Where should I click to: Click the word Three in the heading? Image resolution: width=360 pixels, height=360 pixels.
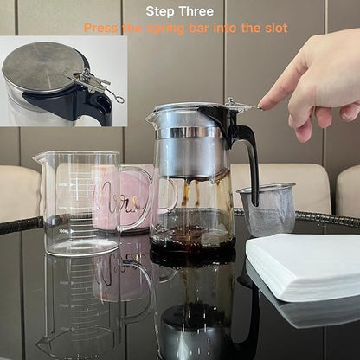(197, 11)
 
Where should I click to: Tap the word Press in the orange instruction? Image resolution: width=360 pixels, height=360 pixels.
(101, 28)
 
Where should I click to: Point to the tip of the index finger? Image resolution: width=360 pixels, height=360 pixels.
(261, 105)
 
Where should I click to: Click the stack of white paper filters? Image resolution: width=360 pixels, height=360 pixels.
(303, 264)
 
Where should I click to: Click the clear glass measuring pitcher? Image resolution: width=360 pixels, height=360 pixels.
(78, 203)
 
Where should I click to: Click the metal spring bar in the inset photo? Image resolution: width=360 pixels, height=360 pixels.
(99, 83)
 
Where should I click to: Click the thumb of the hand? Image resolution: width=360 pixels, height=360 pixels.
(303, 126)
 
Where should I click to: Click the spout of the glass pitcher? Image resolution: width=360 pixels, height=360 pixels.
(38, 157)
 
